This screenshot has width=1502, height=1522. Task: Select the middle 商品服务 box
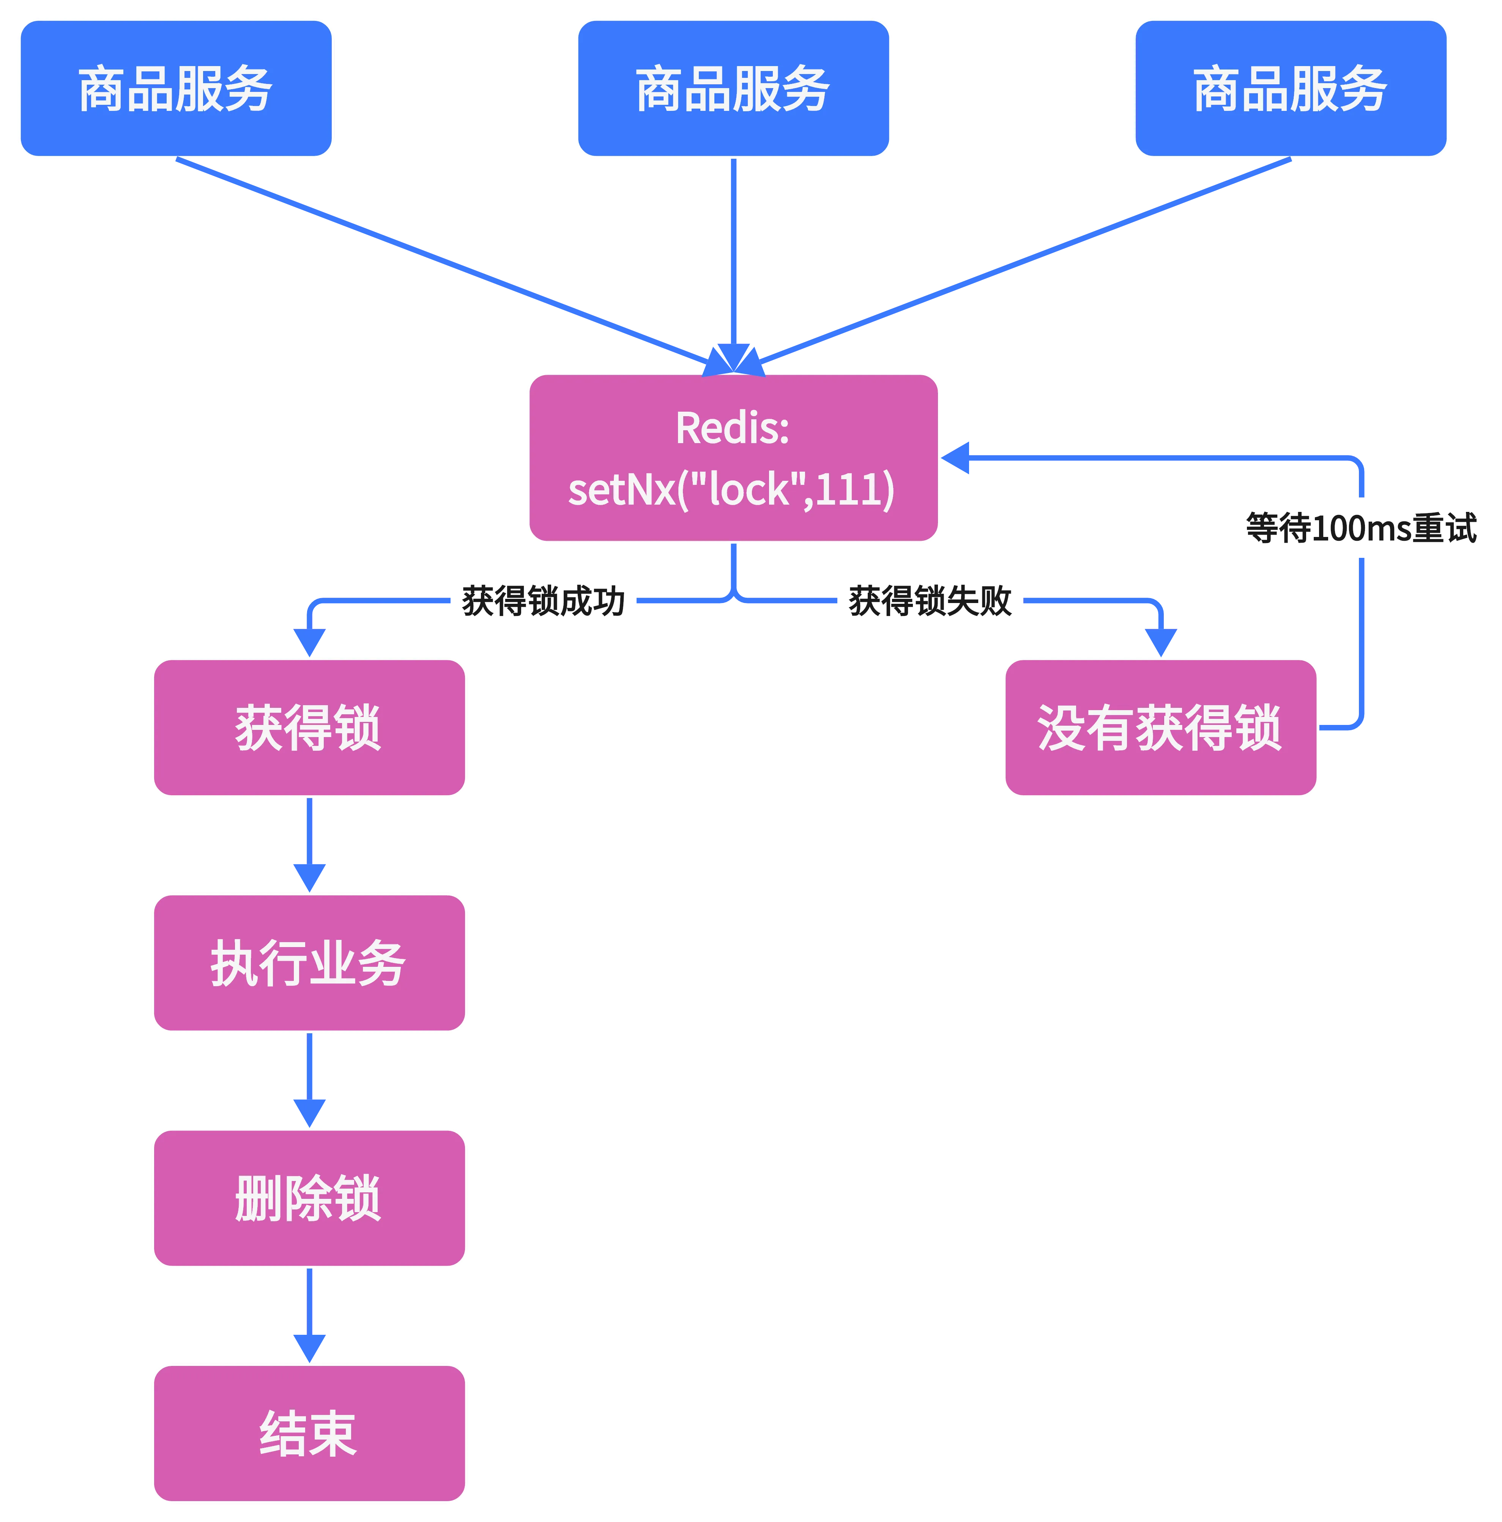click(733, 88)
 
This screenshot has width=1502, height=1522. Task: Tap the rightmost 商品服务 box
click(1291, 88)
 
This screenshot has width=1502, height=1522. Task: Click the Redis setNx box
click(733, 458)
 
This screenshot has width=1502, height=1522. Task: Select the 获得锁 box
click(309, 727)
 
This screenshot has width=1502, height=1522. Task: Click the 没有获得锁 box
click(1160, 727)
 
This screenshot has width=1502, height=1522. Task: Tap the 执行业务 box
click(309, 963)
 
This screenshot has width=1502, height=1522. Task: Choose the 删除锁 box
click(309, 1197)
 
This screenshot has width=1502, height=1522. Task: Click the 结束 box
click(309, 1432)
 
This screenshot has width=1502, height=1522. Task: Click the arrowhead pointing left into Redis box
click(956, 458)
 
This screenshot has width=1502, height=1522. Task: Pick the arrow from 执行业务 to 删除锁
click(309, 1079)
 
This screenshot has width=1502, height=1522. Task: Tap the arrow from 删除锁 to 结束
click(309, 1314)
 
